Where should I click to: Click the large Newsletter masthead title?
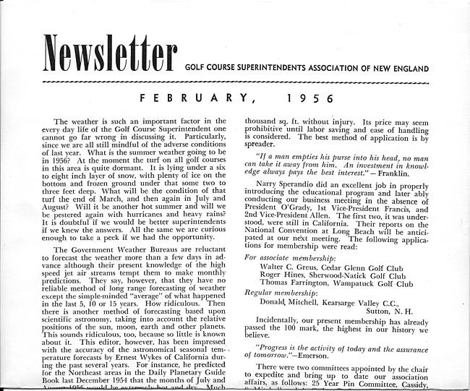[110, 53]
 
